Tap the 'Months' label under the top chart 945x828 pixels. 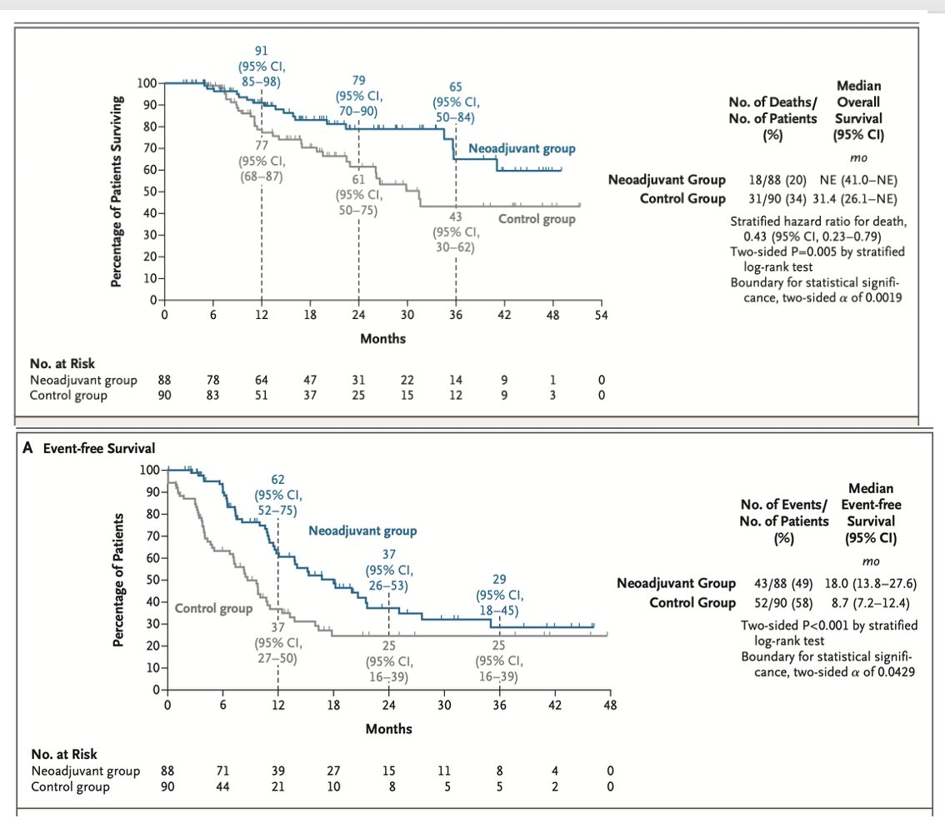tap(382, 339)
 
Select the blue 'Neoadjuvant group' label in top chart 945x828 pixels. tap(522, 149)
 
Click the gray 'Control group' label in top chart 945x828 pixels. tap(537, 219)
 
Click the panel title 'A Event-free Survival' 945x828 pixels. tap(89, 449)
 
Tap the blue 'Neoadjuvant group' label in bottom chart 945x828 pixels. tap(362, 531)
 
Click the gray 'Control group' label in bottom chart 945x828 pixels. tap(213, 608)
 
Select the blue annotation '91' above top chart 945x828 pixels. tap(261, 51)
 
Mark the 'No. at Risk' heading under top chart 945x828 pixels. tap(62, 364)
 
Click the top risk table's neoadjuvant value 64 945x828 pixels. tap(262, 381)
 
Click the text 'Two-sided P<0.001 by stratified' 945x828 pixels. tap(828, 626)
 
